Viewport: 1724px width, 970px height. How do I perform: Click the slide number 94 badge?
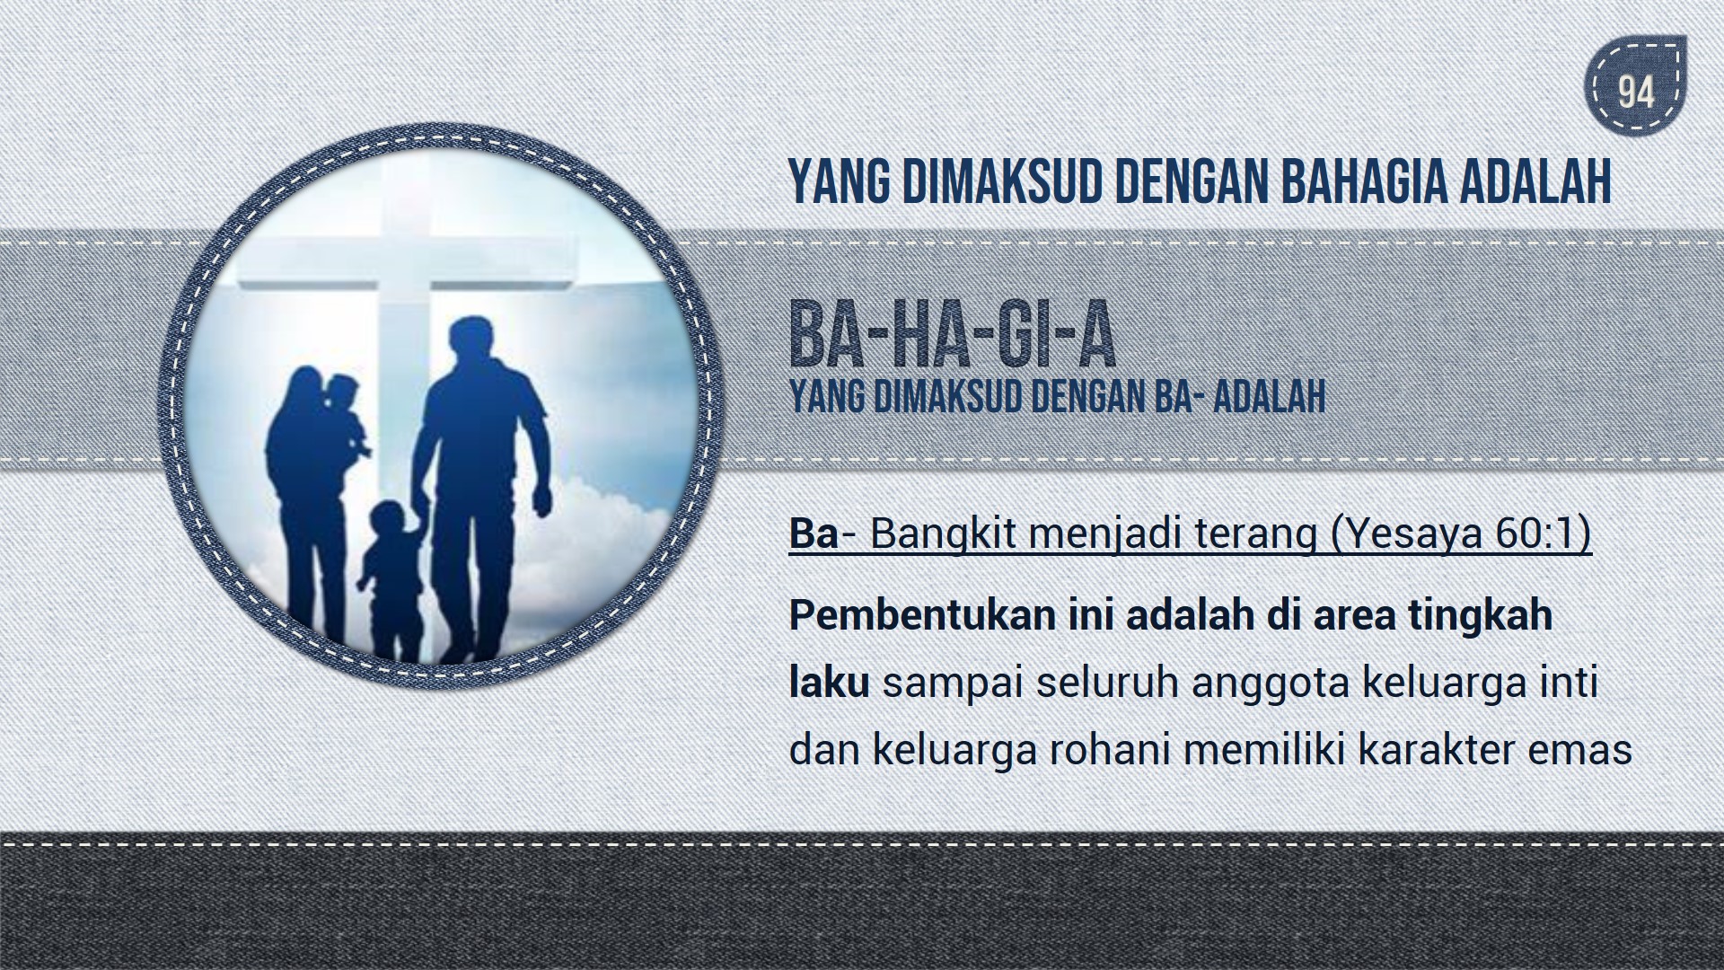[x=1635, y=92]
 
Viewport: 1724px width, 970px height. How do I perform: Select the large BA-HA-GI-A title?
[x=952, y=337]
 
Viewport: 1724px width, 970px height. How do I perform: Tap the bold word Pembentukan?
[x=922, y=616]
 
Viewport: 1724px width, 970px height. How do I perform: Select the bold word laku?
[x=829, y=683]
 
